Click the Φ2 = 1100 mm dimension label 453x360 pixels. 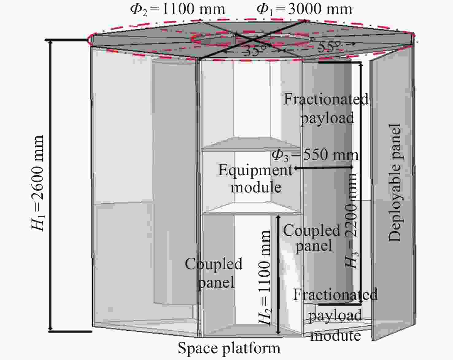(x=177, y=9)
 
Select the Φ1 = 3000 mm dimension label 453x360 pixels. (x=304, y=9)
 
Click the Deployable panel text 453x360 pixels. (x=395, y=183)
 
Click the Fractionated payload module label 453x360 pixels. (x=335, y=315)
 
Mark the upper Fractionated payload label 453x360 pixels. (x=326, y=109)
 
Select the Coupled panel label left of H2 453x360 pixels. (x=214, y=273)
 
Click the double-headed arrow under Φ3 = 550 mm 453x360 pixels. (x=323, y=168)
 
